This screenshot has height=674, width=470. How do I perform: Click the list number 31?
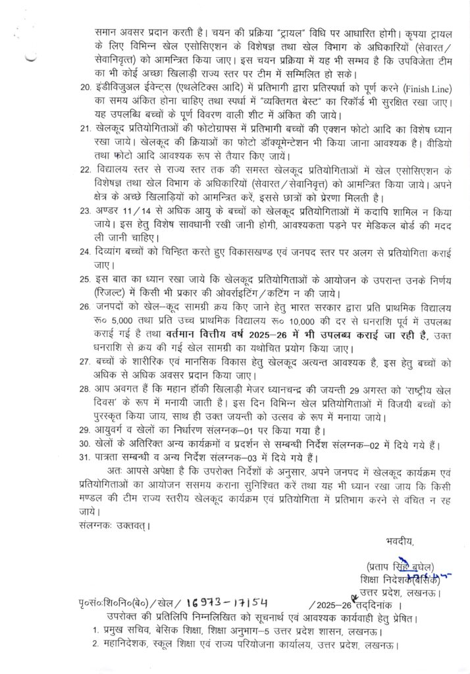(82, 458)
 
